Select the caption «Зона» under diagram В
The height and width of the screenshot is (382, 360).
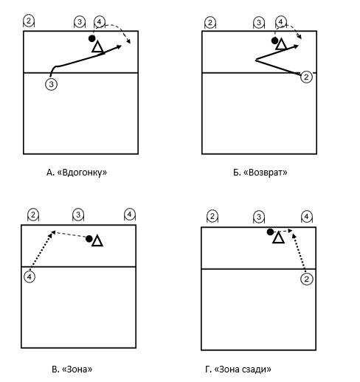[x=77, y=369]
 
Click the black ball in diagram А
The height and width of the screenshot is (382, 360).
[x=91, y=38]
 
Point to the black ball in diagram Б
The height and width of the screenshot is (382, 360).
[x=274, y=41]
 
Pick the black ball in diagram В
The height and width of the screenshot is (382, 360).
[x=89, y=239]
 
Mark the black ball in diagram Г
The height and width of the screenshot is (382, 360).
[x=270, y=232]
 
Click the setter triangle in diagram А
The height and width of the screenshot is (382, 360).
[x=97, y=47]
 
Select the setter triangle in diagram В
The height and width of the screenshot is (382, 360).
[x=97, y=240]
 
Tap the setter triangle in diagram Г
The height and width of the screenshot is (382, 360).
[x=278, y=237]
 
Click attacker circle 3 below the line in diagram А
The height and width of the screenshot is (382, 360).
[x=51, y=84]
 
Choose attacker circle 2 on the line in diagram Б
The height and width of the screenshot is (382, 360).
[x=306, y=77]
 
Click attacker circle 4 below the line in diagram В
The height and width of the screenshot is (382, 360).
[x=30, y=277]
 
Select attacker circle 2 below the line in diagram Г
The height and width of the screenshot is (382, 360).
[x=307, y=279]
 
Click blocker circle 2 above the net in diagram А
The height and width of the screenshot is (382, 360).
[x=29, y=21]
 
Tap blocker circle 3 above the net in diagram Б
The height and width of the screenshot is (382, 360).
[x=259, y=23]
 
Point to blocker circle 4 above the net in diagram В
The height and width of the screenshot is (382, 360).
[x=130, y=215]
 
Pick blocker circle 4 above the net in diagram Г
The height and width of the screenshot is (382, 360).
[x=306, y=217]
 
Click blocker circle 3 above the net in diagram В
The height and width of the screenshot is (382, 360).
[x=78, y=215]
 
